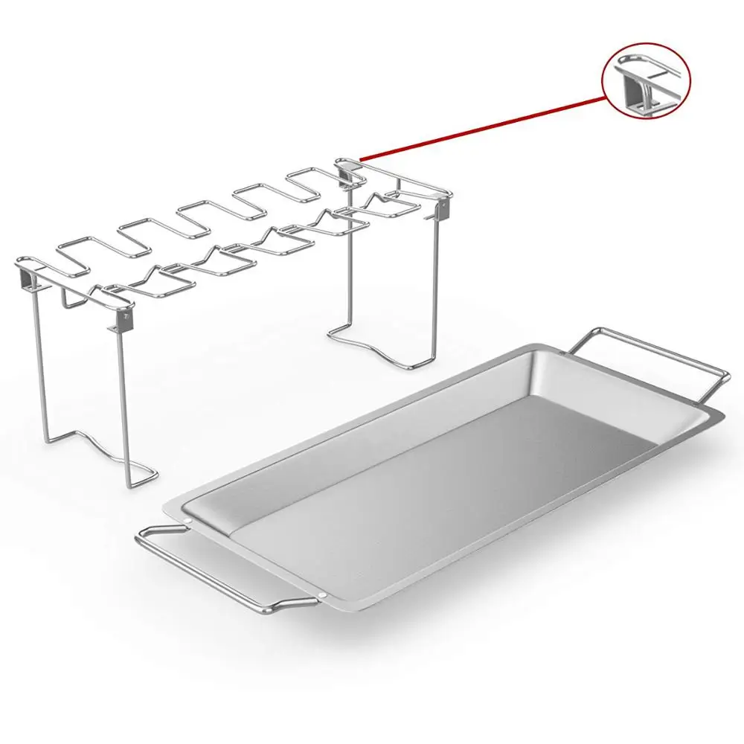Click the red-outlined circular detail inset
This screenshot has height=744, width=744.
point(646,77)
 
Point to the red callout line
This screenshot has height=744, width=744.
point(484,126)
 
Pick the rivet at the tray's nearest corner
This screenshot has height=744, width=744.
point(326,597)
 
